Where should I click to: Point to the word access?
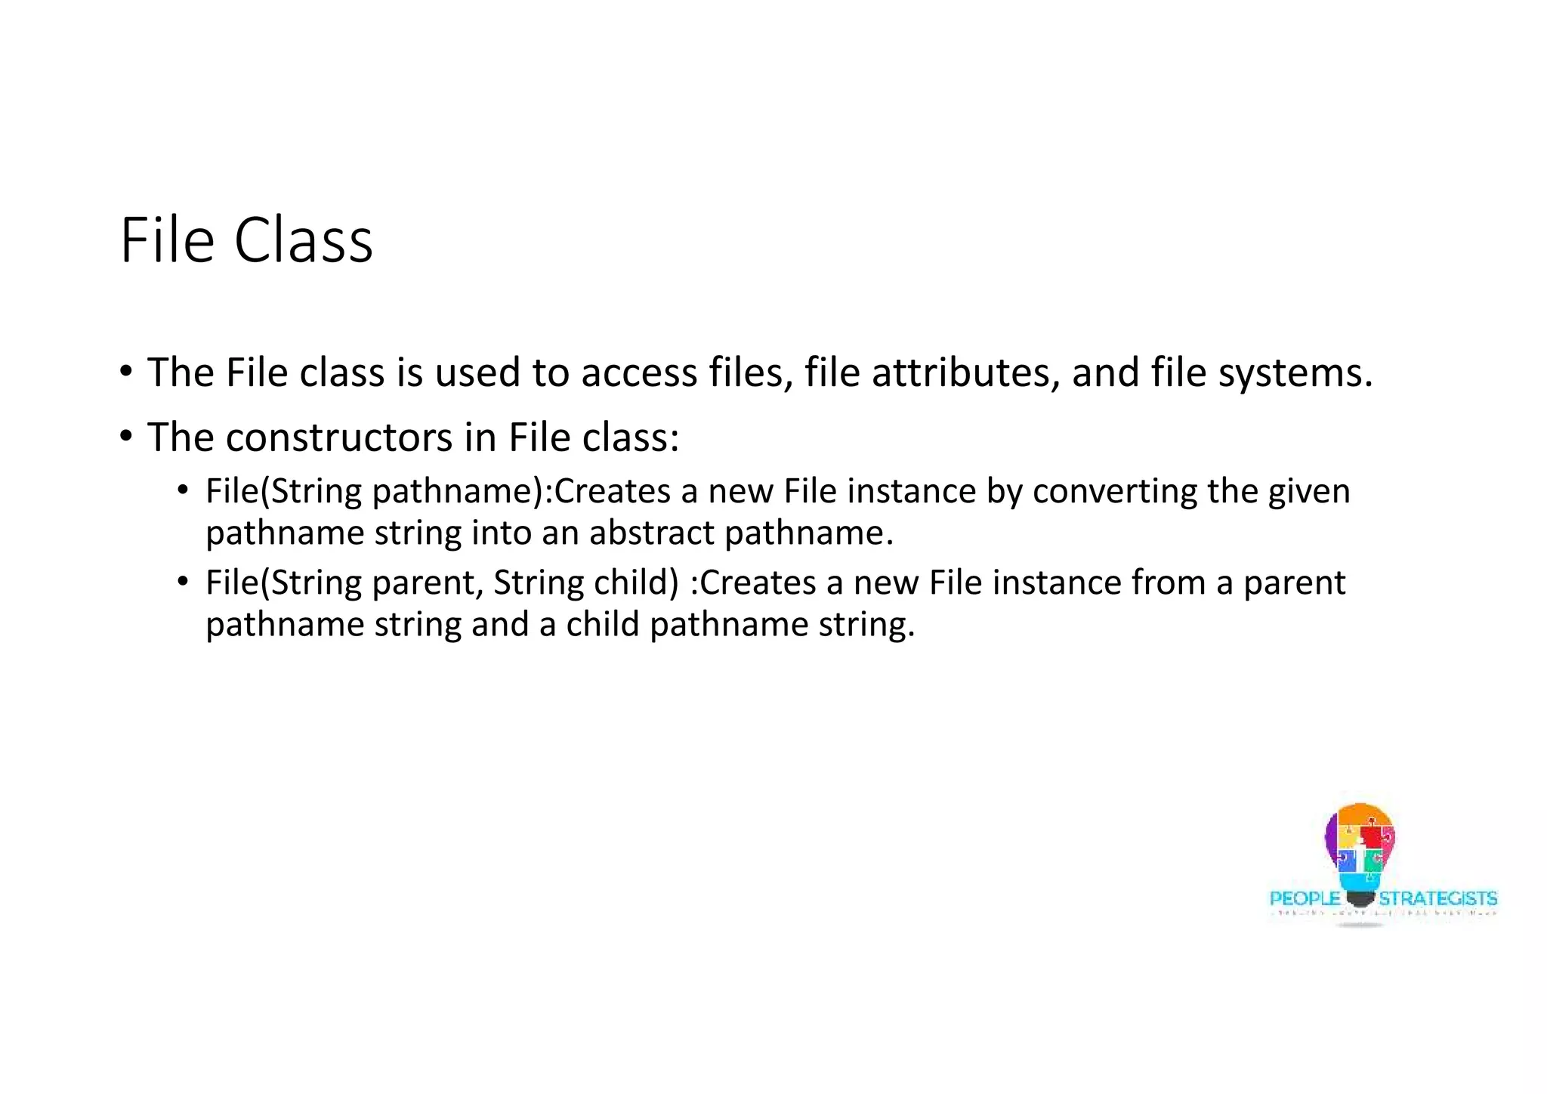[638, 373]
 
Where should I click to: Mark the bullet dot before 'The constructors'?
[126, 436]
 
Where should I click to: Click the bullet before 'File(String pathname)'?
[182, 490]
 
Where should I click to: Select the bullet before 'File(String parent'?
[182, 582]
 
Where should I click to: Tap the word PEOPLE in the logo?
[1305, 899]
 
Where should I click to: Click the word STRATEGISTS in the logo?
[1437, 899]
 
